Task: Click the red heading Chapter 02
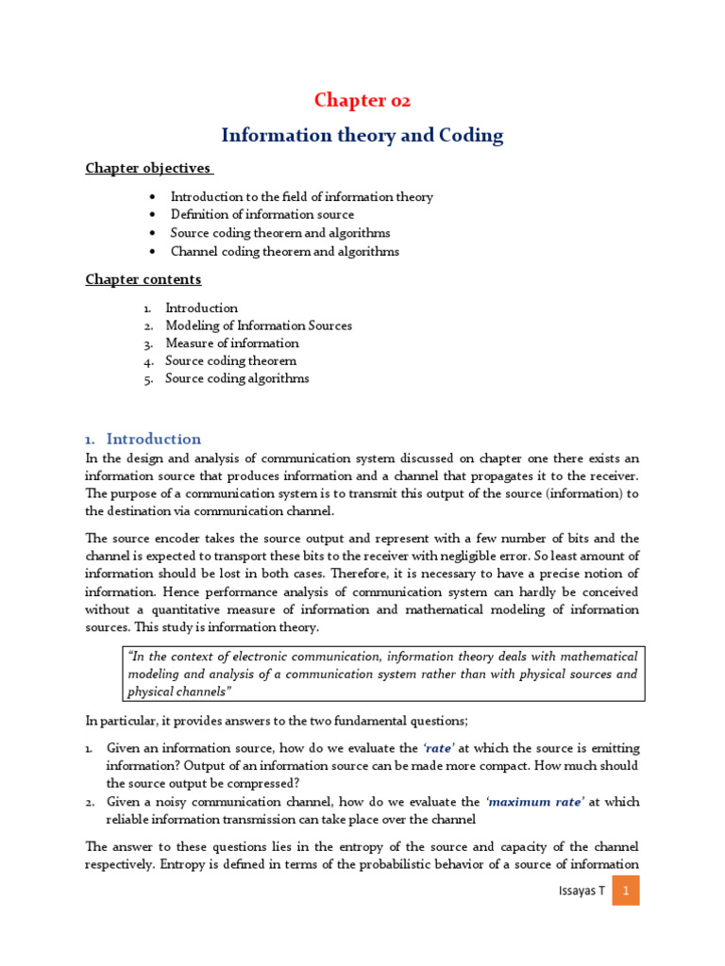click(x=362, y=101)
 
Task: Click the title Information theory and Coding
click(x=362, y=136)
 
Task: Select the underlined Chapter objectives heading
click(x=149, y=168)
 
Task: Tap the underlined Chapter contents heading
click(x=143, y=279)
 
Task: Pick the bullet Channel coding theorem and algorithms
click(x=284, y=252)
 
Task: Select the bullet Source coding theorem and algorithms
click(x=279, y=233)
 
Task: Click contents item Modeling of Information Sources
click(x=259, y=325)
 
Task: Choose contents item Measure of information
click(x=232, y=343)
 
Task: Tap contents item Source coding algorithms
click(x=237, y=378)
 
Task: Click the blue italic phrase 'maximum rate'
click(x=535, y=802)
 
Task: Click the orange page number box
click(x=625, y=890)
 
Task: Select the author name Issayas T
click(x=582, y=890)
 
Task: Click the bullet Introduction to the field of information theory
click(x=301, y=197)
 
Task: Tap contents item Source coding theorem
click(x=230, y=360)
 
